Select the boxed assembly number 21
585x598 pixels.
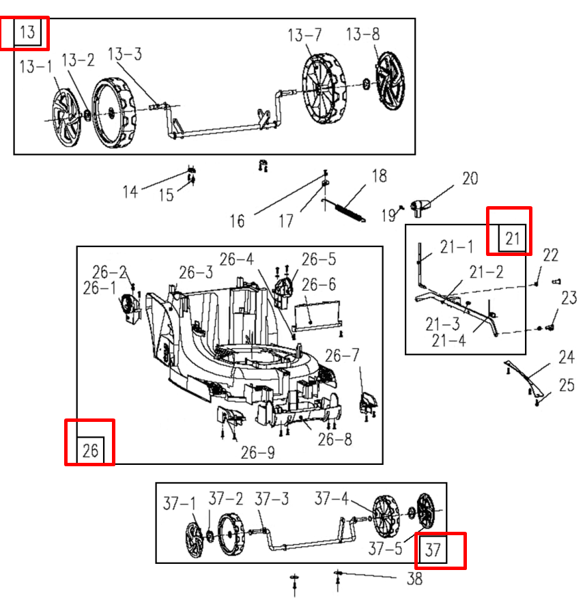(513, 238)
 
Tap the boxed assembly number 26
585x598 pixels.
(90, 450)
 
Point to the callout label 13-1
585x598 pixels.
(35, 67)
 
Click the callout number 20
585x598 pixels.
(470, 179)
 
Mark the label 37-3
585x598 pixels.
(272, 500)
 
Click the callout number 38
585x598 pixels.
(414, 580)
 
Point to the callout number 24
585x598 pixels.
(566, 357)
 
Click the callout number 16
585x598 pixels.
(237, 220)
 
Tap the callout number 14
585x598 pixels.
(130, 191)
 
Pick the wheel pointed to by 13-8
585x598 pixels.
(391, 80)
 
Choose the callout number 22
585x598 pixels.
(550, 255)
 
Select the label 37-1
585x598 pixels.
(179, 504)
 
